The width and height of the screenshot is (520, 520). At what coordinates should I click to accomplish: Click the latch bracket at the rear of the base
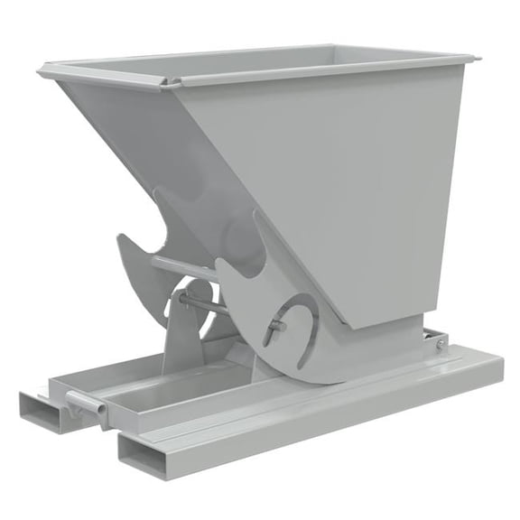click(x=438, y=340)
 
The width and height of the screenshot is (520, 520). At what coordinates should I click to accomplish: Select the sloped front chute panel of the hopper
click(x=135, y=144)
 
